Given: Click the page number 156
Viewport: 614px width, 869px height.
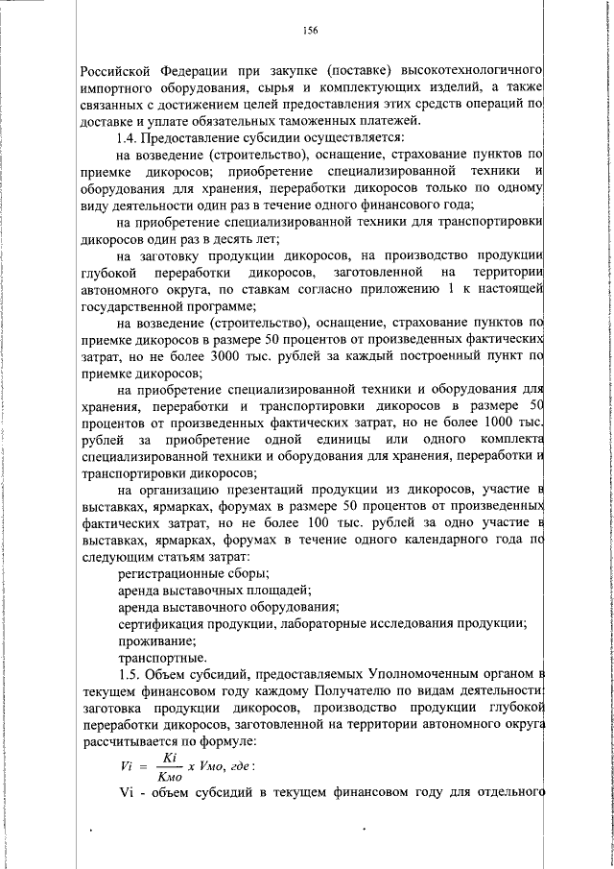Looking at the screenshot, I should click(x=309, y=31).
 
